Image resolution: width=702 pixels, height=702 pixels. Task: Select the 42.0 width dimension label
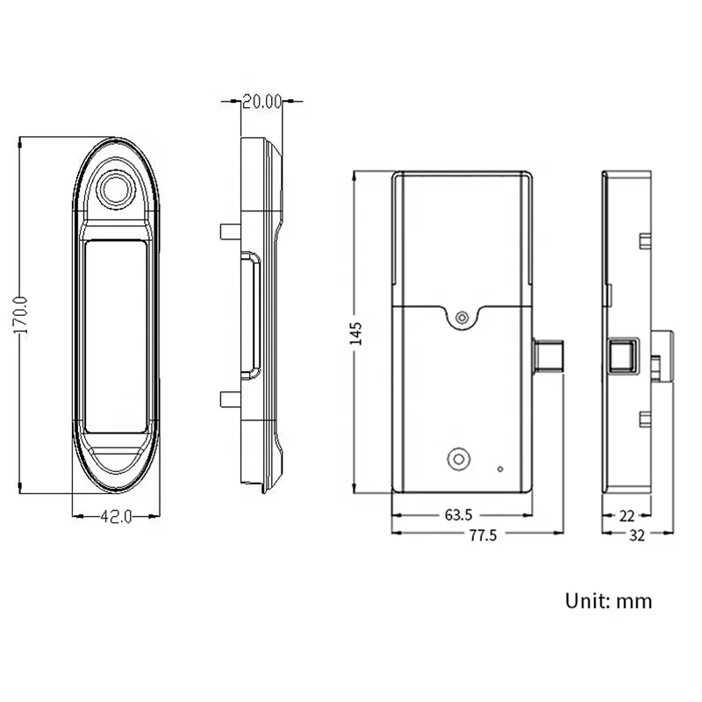pyautogui.click(x=115, y=518)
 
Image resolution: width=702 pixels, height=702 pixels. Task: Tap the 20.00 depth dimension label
pyautogui.click(x=261, y=102)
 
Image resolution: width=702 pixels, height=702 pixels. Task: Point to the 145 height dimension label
pyautogui.click(x=356, y=333)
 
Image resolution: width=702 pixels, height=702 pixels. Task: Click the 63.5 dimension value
pyautogui.click(x=458, y=515)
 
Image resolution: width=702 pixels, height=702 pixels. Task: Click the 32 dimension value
pyautogui.click(x=637, y=535)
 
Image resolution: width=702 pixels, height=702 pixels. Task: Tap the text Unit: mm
pyautogui.click(x=608, y=601)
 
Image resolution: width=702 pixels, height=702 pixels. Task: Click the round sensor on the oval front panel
pyautogui.click(x=115, y=189)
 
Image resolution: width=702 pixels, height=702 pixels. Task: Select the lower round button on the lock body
pyautogui.click(x=457, y=458)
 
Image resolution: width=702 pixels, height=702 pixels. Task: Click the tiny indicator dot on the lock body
pyautogui.click(x=500, y=468)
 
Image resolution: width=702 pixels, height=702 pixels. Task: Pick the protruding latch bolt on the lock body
pyautogui.click(x=548, y=357)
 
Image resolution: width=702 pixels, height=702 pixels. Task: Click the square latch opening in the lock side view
pyautogui.click(x=622, y=357)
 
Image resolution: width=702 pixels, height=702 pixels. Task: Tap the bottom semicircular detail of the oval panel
pyautogui.click(x=115, y=461)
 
